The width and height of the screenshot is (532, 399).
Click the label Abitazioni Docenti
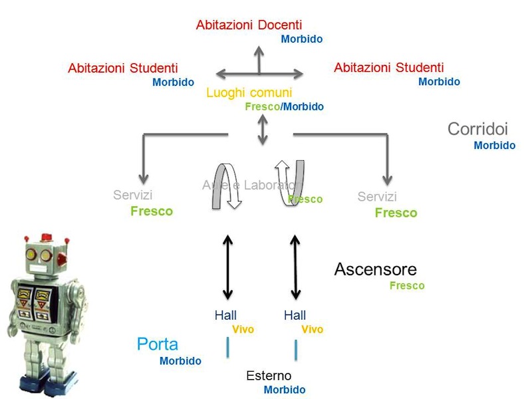click(249, 25)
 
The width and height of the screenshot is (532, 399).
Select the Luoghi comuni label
click(249, 93)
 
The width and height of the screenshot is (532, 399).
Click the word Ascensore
click(375, 269)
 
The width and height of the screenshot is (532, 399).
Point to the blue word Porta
click(158, 344)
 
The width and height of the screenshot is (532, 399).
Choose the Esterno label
click(269, 376)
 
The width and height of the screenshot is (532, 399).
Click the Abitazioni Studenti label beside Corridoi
click(388, 68)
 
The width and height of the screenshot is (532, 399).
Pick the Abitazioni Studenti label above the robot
click(123, 68)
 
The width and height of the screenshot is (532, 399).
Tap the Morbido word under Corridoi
click(494, 146)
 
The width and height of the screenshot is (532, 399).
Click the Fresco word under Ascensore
click(406, 286)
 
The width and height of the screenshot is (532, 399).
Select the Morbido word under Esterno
click(284, 390)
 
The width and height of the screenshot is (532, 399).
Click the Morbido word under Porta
click(180, 361)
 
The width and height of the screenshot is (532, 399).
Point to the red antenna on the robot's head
click(46, 237)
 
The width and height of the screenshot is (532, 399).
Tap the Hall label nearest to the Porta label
click(225, 315)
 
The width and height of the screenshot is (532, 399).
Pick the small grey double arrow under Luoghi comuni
click(263, 129)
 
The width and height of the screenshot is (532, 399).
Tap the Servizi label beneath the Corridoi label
click(377, 197)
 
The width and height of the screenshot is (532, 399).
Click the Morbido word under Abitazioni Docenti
click(301, 39)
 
